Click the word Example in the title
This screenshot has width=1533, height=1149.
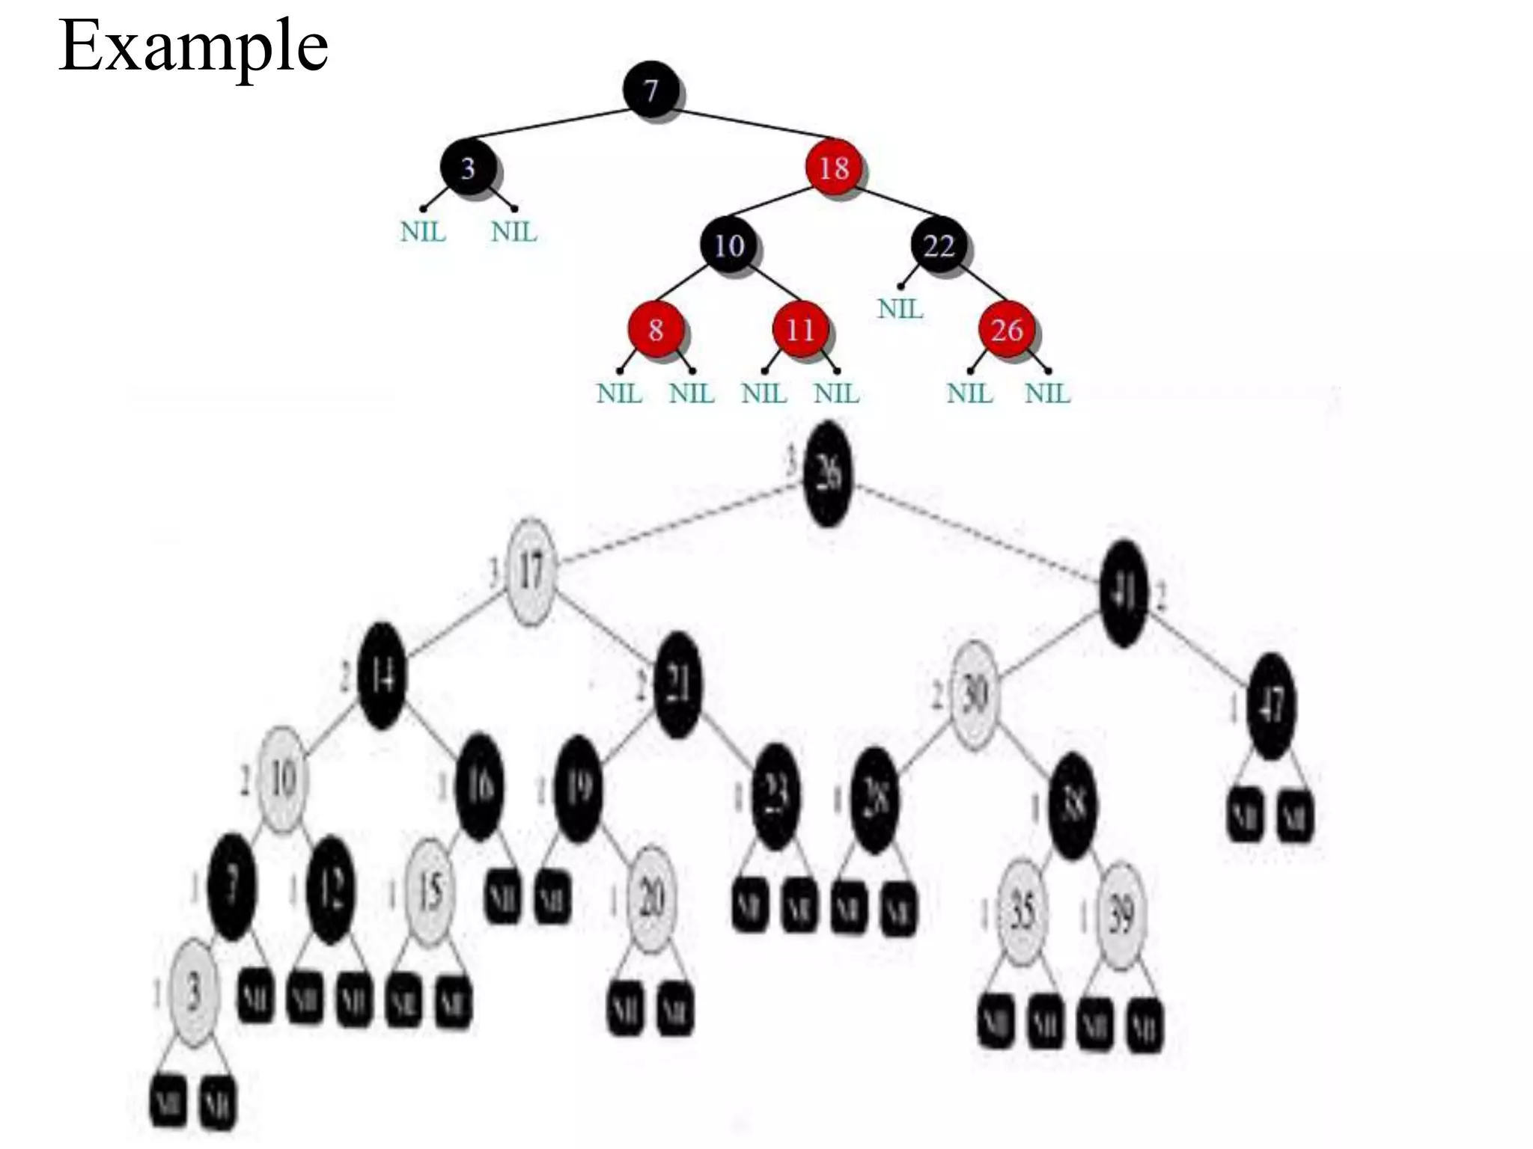pyautogui.click(x=193, y=46)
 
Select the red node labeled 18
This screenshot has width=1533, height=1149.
pyautogui.click(x=833, y=168)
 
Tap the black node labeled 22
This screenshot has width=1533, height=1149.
pyautogui.click(x=939, y=245)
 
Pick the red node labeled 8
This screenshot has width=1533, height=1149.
pyautogui.click(x=655, y=329)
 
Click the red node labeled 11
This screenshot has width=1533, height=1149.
pyautogui.click(x=799, y=329)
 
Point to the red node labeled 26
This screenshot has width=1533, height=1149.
pyautogui.click(x=1007, y=329)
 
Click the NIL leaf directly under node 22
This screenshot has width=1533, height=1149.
pyautogui.click(x=900, y=308)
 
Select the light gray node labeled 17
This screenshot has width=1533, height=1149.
pyautogui.click(x=531, y=571)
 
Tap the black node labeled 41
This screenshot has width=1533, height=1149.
pyautogui.click(x=1124, y=593)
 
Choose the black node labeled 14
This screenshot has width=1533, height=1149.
pyautogui.click(x=382, y=676)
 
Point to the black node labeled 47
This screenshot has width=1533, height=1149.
pyautogui.click(x=1271, y=705)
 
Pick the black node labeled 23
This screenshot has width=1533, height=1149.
pyautogui.click(x=775, y=797)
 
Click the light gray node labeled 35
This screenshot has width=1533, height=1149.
pyautogui.click(x=1022, y=912)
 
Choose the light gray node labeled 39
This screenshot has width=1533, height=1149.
pyautogui.click(x=1121, y=915)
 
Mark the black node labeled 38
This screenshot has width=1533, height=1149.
pyautogui.click(x=1073, y=806)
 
